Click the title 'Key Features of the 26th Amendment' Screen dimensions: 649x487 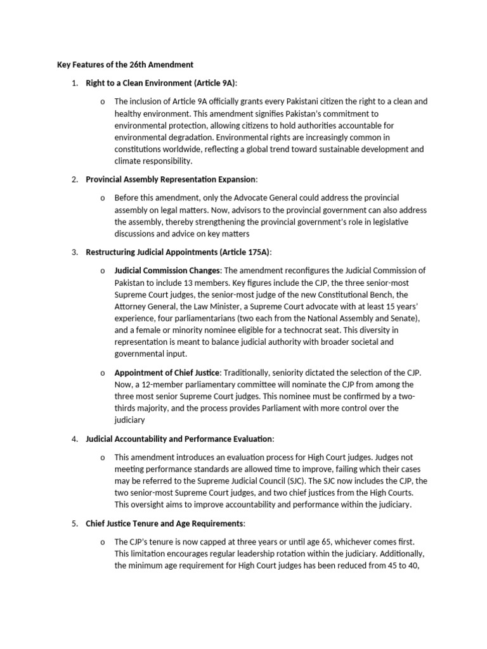click(125, 65)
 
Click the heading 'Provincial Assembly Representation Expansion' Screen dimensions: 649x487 click(172, 179)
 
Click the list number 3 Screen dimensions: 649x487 click(74, 252)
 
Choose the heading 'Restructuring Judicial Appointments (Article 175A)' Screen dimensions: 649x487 click(178, 252)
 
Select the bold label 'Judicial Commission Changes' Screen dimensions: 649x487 click(167, 271)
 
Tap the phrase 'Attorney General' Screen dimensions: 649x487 click(143, 307)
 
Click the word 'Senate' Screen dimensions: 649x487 click(403, 318)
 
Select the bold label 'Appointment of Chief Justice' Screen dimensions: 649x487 click(167, 372)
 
